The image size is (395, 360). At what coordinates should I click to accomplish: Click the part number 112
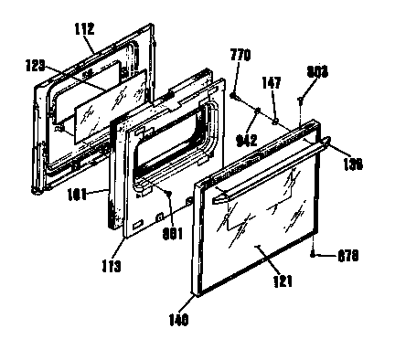pos(84,29)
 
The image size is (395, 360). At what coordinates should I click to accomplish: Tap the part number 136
pos(352,164)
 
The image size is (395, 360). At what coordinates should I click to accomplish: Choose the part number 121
pos(283,281)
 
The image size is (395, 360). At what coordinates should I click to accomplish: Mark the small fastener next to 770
pos(236,95)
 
